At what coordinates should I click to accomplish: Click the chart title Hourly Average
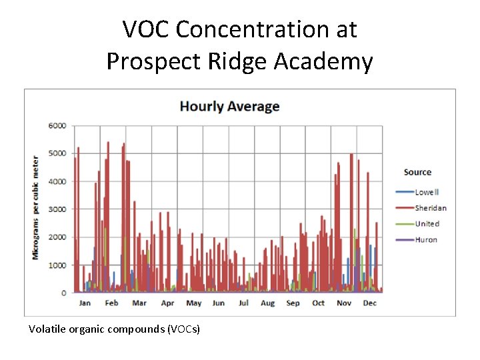coord(229,107)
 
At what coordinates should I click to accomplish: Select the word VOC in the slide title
coord(147,29)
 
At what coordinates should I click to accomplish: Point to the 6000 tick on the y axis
coord(58,125)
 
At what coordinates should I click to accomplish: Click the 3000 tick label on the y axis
coord(58,209)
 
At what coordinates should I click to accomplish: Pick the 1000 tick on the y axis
coord(58,265)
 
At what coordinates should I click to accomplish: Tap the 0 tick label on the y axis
coord(64,293)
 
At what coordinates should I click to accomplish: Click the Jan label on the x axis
coord(85,303)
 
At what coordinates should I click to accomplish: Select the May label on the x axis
coord(193,303)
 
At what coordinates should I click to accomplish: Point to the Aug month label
coord(268,303)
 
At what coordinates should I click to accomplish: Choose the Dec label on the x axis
coord(369,303)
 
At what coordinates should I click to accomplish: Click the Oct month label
coord(319,303)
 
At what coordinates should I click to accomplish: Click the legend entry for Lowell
coord(426,192)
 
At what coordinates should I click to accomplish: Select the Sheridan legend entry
coord(430,208)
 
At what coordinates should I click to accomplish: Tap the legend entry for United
coord(427,224)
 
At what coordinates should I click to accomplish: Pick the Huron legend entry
coord(425,240)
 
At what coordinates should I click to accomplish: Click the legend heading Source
coord(417,172)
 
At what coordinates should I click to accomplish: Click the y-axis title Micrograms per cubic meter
coord(36,208)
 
